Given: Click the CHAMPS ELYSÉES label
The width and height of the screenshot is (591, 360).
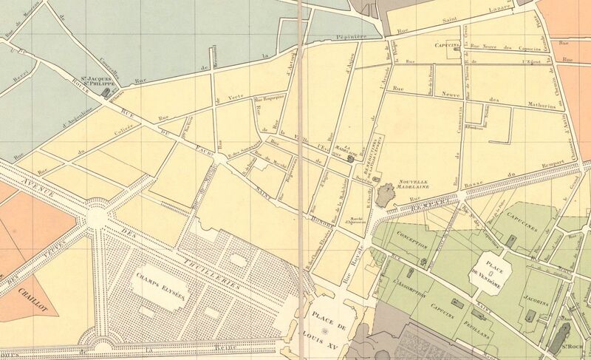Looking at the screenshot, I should [161, 286].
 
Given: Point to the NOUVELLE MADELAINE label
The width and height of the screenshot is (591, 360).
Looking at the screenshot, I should [414, 185].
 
